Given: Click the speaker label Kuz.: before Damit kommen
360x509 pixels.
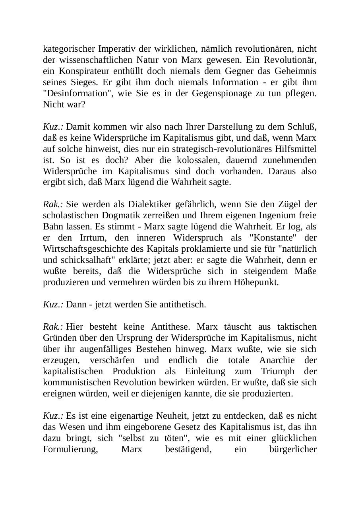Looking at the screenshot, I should [x=53, y=127].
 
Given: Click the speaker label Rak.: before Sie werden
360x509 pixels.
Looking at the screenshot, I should [x=53, y=204].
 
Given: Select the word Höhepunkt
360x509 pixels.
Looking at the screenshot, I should [x=258, y=282].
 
